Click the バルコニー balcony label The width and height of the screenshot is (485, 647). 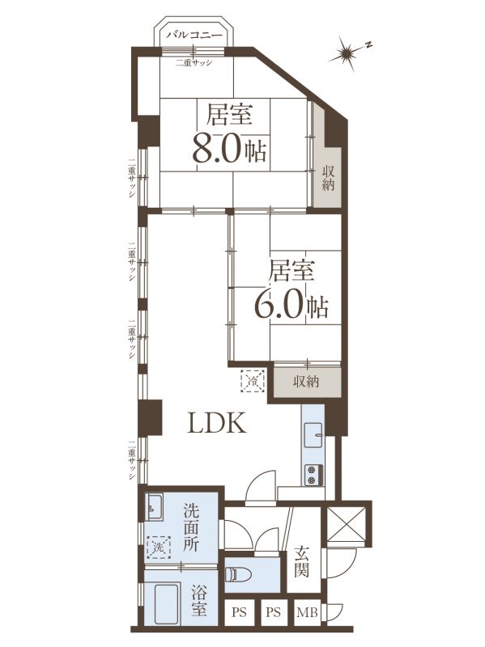pos(194,35)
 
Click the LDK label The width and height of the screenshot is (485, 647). pos(217,423)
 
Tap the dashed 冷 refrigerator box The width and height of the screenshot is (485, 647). pos(253,380)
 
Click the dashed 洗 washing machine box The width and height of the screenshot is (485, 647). pos(159,548)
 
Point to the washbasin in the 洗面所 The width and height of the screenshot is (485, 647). pos(155,507)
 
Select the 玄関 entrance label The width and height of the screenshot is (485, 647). pos(301,561)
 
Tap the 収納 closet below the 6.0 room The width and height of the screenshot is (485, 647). pos(306,381)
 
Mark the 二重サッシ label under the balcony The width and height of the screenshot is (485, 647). pos(194,63)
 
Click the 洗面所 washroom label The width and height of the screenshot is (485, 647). pos(191,529)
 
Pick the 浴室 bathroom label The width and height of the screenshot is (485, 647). pos(199,602)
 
